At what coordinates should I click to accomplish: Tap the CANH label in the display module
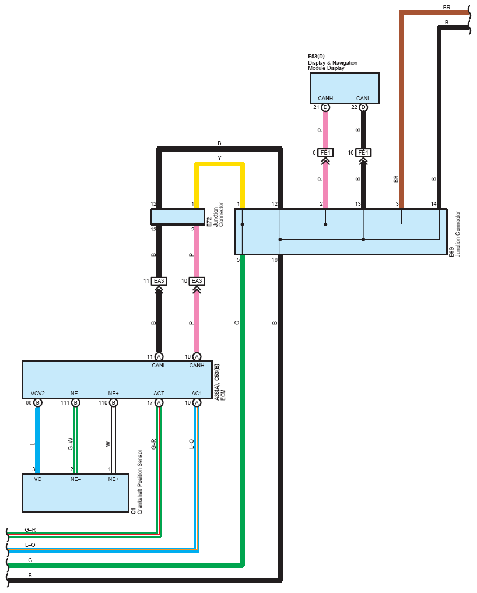tap(325, 99)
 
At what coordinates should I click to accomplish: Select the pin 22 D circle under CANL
tap(363, 107)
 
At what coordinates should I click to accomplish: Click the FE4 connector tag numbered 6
tap(325, 153)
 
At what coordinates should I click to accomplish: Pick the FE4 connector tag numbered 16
tap(363, 153)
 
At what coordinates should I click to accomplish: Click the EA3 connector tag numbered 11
tap(159, 281)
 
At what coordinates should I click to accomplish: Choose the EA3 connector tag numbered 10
tap(197, 281)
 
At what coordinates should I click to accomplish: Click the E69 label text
tap(451, 253)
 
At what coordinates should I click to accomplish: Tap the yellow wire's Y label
tap(219, 159)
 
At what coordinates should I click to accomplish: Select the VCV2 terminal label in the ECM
tap(38, 393)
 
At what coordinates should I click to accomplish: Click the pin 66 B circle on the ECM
tap(38, 402)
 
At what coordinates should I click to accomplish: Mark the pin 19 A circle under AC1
tap(197, 402)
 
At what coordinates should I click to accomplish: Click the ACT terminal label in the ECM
tap(159, 393)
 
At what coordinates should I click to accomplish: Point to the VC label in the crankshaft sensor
tap(38, 479)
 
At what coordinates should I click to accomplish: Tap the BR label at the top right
tap(446, 8)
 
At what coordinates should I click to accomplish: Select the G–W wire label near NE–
tap(71, 444)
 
